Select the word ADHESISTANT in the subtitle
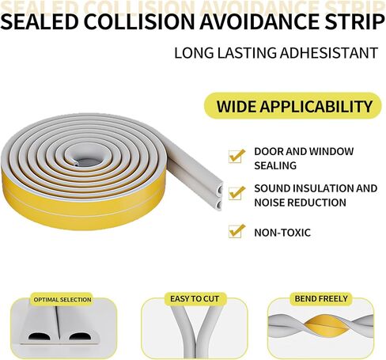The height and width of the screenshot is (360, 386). pyautogui.click(x=329, y=53)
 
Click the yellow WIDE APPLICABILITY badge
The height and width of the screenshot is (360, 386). pyautogui.click(x=293, y=106)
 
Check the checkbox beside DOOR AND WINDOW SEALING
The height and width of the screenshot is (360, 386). pyautogui.click(x=237, y=156)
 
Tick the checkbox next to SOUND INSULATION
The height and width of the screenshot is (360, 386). pyautogui.click(x=237, y=193)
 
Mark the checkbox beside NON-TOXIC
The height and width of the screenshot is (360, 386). pyautogui.click(x=237, y=231)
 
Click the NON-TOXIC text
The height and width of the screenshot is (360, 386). pyautogui.click(x=282, y=233)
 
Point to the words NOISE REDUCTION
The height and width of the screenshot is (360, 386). pyautogui.click(x=300, y=203)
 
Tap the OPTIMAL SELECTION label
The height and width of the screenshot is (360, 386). pyautogui.click(x=62, y=300)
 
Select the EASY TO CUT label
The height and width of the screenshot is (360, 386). pyautogui.click(x=195, y=299)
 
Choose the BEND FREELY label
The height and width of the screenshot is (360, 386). pyautogui.click(x=321, y=298)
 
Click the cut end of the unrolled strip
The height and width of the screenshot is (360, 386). pyautogui.click(x=218, y=196)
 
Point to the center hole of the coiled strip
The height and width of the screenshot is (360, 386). pyautogui.click(x=88, y=159)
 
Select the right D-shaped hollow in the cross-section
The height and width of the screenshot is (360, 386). pyautogui.click(x=80, y=336)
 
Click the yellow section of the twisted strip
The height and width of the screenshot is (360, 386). pyautogui.click(x=327, y=327)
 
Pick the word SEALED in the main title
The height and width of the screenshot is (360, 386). pyautogui.click(x=40, y=21)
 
